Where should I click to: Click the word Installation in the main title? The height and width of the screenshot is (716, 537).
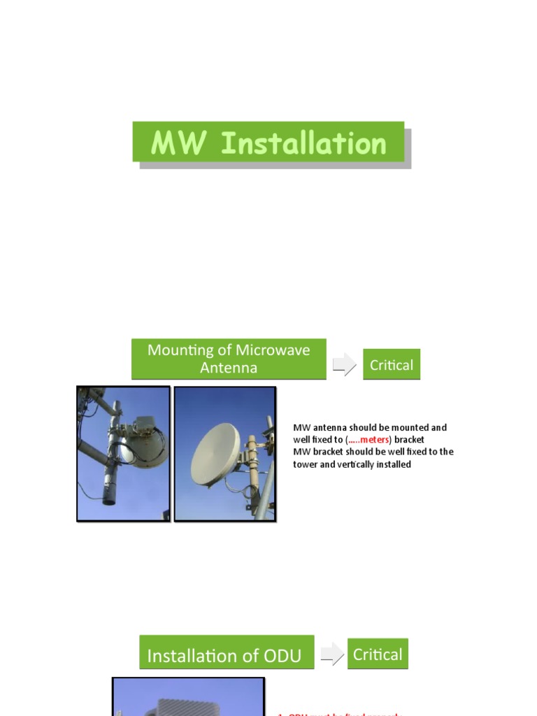[303, 143]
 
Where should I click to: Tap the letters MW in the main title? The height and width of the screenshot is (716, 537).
[179, 143]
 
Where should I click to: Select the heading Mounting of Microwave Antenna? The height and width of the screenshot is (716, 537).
[229, 359]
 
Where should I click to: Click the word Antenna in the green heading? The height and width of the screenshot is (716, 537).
[229, 368]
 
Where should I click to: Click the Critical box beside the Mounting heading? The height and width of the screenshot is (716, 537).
[392, 364]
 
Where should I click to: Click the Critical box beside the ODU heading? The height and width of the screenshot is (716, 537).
[378, 654]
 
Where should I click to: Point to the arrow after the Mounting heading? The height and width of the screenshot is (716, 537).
[344, 364]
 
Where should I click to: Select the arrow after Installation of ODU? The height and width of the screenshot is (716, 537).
[332, 654]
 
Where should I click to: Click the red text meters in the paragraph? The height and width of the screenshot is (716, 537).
[374, 440]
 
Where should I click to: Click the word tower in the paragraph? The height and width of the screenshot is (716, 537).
[306, 464]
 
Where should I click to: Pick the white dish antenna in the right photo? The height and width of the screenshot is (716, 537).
[215, 454]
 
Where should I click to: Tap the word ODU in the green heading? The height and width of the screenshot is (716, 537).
[281, 656]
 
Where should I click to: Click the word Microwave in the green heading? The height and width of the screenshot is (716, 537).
[273, 350]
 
